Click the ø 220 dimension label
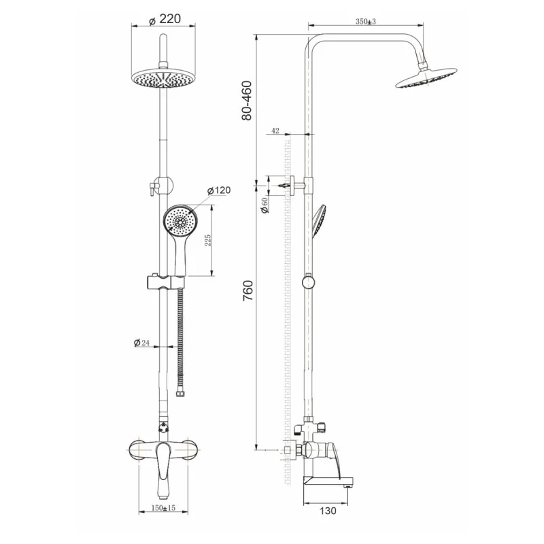(x=165, y=19)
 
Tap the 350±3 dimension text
(x=366, y=22)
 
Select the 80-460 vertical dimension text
(x=247, y=100)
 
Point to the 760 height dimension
(x=248, y=291)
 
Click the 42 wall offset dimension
(x=275, y=131)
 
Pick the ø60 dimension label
(x=265, y=205)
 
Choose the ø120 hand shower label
(x=218, y=190)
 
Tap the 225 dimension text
(x=207, y=240)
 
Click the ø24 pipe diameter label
(x=141, y=343)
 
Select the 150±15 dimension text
(x=163, y=508)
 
